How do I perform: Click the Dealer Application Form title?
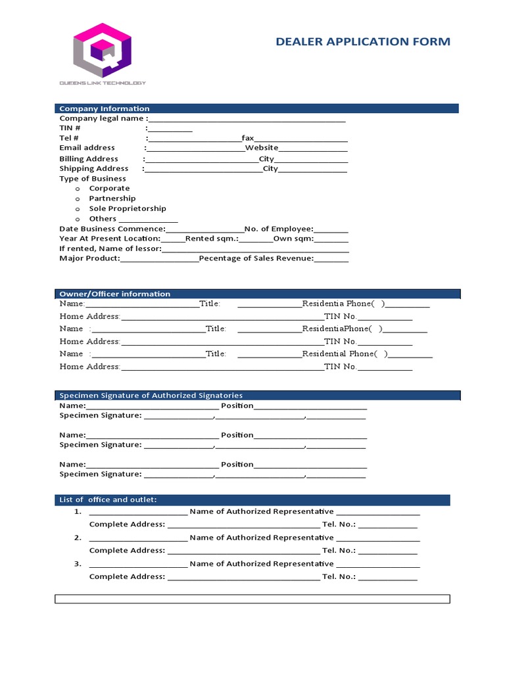coord(363,41)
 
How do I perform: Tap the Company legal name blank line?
coord(247,119)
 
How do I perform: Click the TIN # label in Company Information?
coord(70,128)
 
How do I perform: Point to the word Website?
coord(262,148)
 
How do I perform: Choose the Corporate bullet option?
coord(109,188)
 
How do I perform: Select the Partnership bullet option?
coord(112,198)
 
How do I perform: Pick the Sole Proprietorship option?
coord(128,208)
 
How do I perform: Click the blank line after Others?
coord(148,220)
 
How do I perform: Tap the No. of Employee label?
coord(279,229)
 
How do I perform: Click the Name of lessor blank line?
coord(255,250)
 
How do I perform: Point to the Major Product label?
coord(89,258)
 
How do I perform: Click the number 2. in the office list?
coord(78,538)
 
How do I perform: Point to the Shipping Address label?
coord(94,168)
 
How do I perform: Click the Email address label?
coord(87,148)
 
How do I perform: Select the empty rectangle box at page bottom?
coord(252,599)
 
